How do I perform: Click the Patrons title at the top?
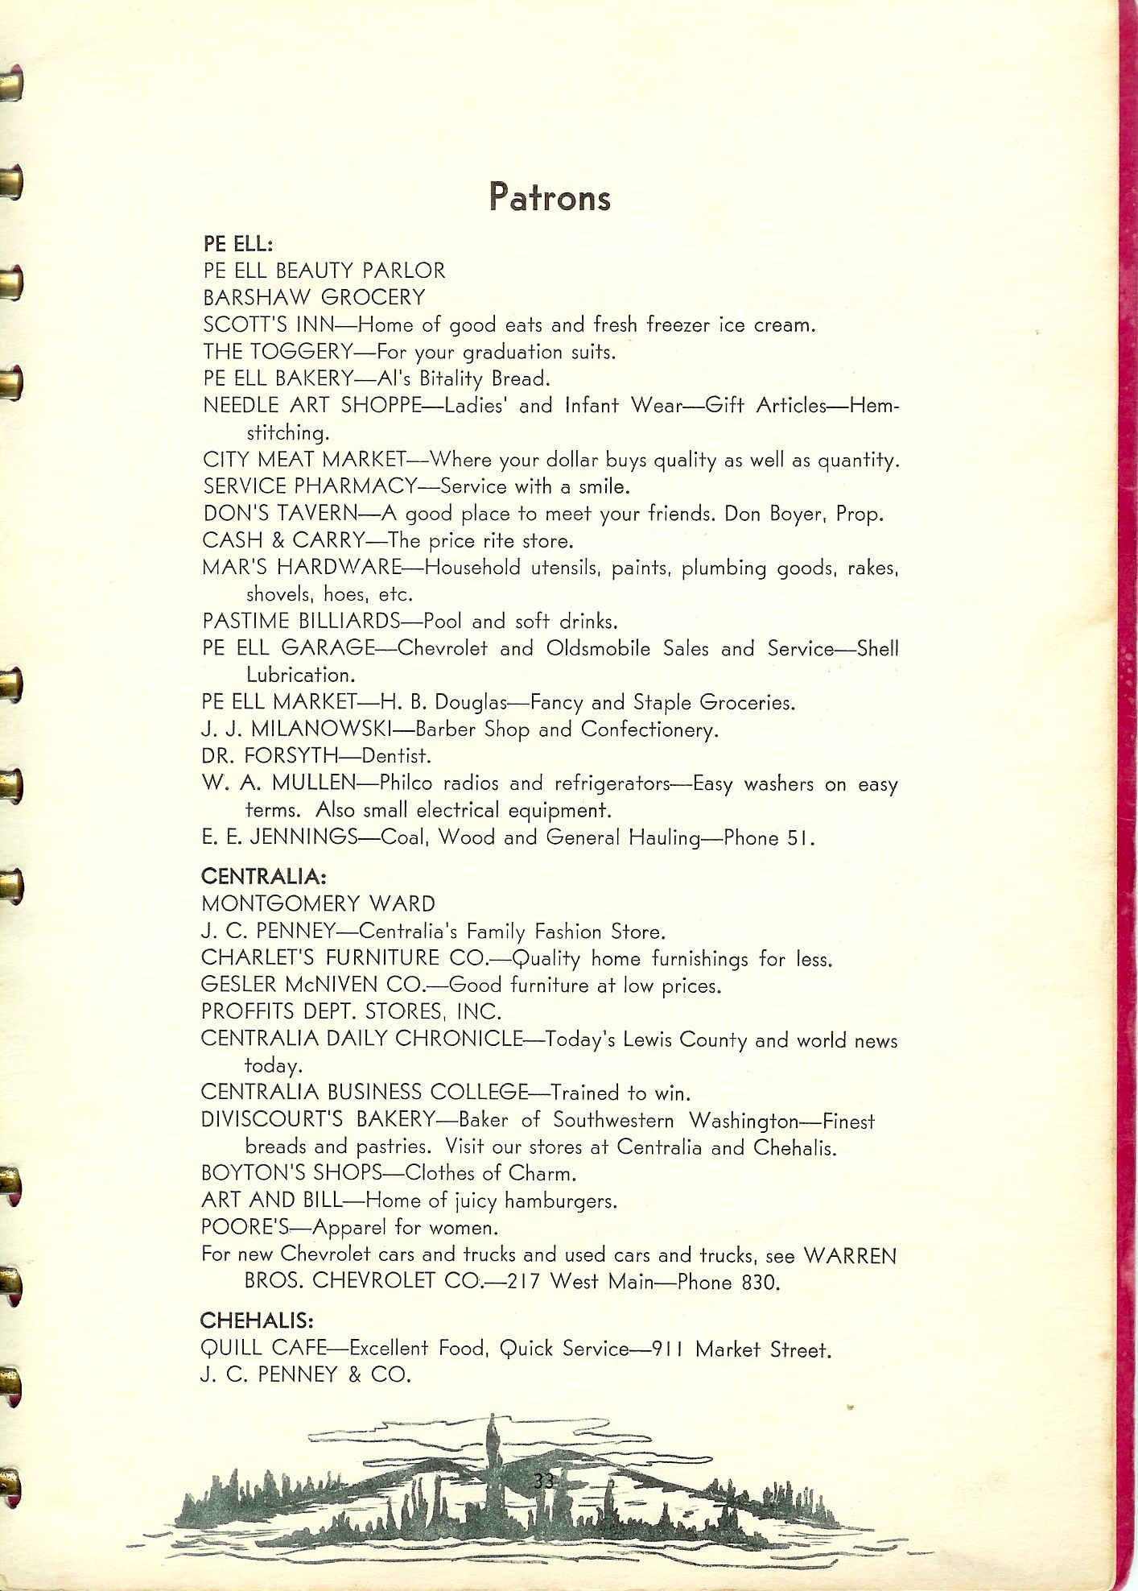point(550,197)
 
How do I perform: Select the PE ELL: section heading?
point(238,243)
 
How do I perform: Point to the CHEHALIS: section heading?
point(257,1320)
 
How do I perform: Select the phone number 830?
point(760,1282)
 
